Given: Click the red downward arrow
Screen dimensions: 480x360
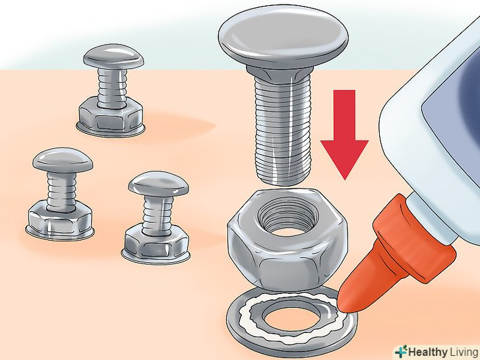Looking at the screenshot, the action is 344,135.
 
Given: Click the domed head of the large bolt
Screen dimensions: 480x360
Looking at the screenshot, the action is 283,38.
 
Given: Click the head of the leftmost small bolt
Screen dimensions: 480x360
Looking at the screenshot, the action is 63,160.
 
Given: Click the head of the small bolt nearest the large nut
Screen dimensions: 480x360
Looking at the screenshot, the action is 158,184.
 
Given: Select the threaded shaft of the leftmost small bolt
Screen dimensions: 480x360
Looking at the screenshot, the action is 61,192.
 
